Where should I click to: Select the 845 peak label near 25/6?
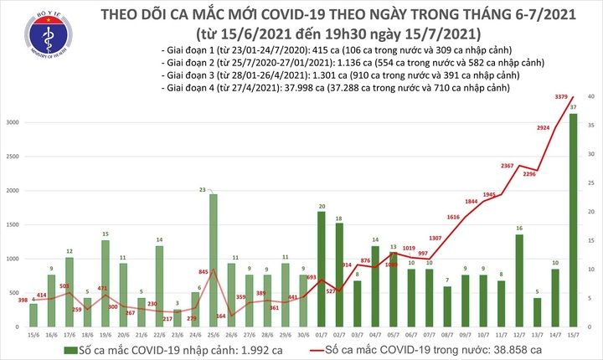click(203, 272)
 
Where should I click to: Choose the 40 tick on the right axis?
click(591, 97)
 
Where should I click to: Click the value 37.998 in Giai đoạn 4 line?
click(277, 88)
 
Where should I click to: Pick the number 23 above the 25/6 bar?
click(214, 189)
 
